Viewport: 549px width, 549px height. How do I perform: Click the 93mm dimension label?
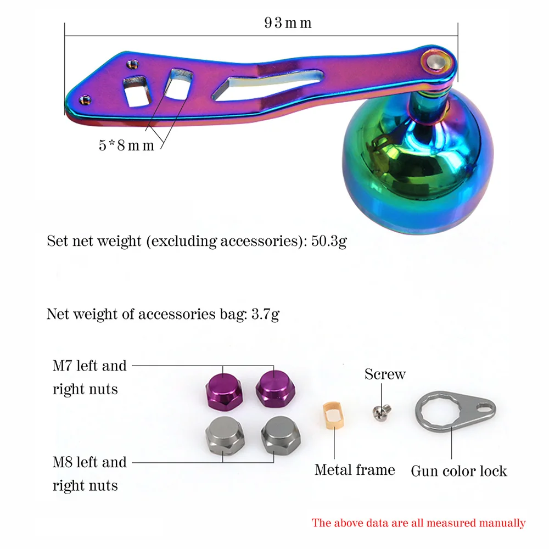point(288,23)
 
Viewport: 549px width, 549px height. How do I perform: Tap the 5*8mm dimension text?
point(126,145)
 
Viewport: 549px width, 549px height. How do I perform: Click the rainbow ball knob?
point(417,161)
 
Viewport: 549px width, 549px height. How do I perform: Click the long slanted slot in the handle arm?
point(267,85)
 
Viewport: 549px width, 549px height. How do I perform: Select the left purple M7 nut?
point(224,391)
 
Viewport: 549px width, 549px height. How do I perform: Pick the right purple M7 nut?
point(275,388)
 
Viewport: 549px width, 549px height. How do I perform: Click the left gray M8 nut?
point(225,435)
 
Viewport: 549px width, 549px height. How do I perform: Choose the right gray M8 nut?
point(281,434)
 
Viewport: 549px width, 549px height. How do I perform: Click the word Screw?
point(385,374)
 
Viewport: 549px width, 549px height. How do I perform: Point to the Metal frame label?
point(355,470)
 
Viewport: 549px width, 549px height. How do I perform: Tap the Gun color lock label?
point(458,471)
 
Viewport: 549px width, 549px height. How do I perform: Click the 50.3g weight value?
point(329,241)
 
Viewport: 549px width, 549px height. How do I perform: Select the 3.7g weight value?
point(265,315)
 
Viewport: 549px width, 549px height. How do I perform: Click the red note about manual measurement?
point(418,523)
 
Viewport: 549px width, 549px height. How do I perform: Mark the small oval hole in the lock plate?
point(484,407)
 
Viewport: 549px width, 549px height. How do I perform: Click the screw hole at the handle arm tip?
point(85,100)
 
